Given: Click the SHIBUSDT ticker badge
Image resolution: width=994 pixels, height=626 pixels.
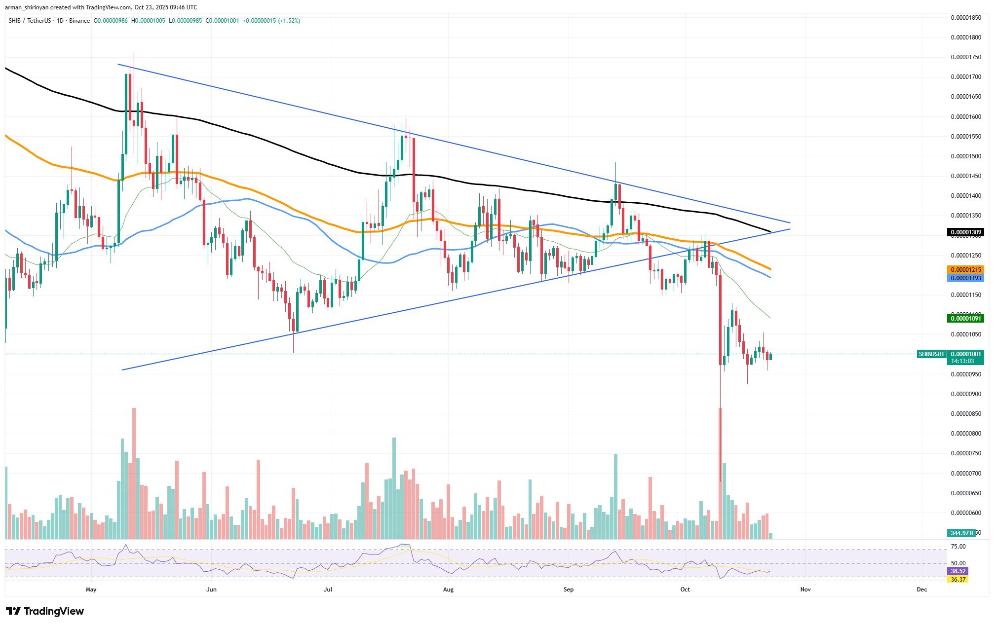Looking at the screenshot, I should coord(931,354).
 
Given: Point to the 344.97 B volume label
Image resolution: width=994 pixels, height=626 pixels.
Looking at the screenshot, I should coord(961,533).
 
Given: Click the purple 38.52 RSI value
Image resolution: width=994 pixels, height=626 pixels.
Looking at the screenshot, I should coord(958,571).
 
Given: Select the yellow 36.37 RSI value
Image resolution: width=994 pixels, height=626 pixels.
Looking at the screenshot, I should coord(958,580).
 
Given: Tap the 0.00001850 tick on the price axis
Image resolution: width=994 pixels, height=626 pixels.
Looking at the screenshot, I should coord(966,18).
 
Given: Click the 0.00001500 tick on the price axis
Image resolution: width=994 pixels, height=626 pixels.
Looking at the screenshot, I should coord(966,156).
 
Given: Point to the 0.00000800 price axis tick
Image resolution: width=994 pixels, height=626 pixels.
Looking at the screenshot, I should coord(966,434).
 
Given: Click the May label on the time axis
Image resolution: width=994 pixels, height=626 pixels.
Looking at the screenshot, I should coord(91,589).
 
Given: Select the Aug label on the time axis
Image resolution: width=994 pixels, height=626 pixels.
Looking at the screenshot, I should coord(448,589).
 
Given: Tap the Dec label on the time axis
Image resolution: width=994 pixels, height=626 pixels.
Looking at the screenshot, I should coord(921,589).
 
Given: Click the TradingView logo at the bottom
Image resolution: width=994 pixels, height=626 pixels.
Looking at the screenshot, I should coord(45,612).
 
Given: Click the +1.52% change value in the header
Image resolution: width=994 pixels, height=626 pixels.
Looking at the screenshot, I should coord(290,21).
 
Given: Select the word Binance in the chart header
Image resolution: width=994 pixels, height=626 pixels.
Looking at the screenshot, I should coord(79,21).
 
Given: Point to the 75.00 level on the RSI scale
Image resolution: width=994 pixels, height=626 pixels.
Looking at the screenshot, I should coord(958,547).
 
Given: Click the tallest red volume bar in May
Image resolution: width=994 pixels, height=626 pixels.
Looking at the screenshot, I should coord(134,474).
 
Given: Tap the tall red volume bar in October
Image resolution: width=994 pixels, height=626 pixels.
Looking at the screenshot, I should coord(720,474).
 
